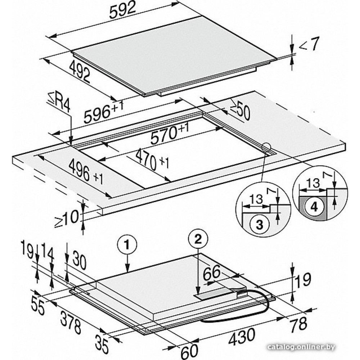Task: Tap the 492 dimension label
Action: click(80, 71)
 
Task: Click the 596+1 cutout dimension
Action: click(104, 111)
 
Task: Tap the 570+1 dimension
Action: click(170, 133)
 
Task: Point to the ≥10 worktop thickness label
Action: click(67, 219)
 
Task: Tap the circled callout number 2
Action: click(198, 240)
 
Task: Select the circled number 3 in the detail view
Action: click(259, 224)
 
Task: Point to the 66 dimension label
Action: click(212, 273)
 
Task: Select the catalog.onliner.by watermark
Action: click(301, 347)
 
